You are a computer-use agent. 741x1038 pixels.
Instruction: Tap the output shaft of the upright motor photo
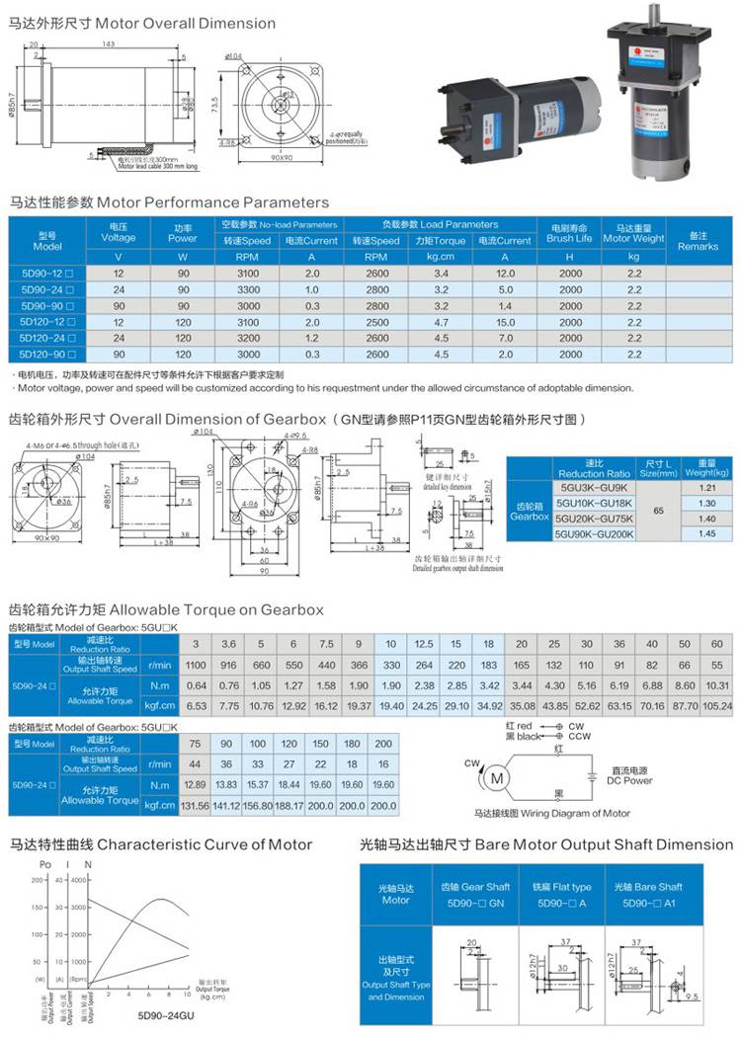pos(653,18)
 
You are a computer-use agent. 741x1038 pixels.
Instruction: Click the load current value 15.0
pos(505,321)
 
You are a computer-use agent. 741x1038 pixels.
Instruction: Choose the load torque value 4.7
pos(441,321)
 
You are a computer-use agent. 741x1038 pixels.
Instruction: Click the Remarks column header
pos(698,240)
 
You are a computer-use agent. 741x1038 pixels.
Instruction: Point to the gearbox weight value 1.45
pos(706,533)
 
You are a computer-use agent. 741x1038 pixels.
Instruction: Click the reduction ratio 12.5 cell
pos(425,644)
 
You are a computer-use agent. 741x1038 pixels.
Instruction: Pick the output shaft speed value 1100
pos(196,666)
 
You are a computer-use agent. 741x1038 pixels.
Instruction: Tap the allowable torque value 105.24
pos(717,706)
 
